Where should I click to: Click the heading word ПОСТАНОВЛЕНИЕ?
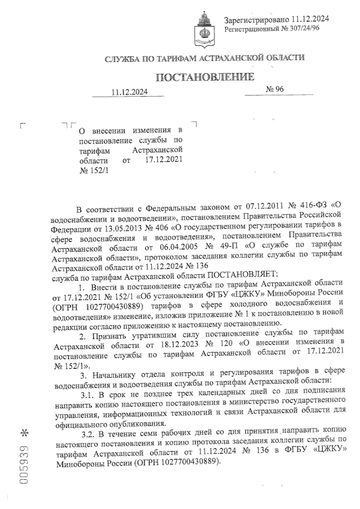click(x=205, y=77)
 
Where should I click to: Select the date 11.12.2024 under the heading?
click(x=130, y=92)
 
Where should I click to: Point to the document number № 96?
click(x=275, y=89)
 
